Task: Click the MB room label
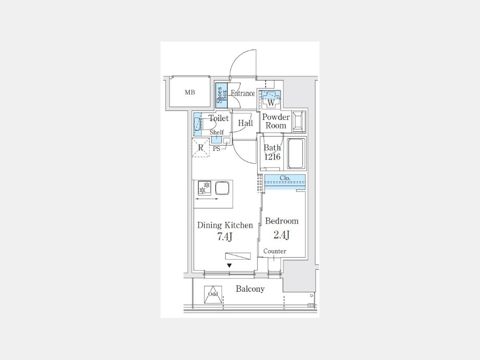pyautogui.click(x=190, y=92)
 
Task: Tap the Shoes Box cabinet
pyautogui.click(x=221, y=95)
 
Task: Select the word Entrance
pyautogui.click(x=243, y=93)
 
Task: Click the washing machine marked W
pyautogui.click(x=270, y=100)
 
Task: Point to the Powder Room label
pyautogui.click(x=276, y=121)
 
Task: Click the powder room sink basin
pyautogui.click(x=299, y=122)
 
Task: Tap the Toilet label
pyautogui.click(x=219, y=118)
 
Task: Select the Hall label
pyautogui.click(x=245, y=123)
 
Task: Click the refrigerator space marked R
pyautogui.click(x=201, y=148)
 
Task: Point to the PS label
pyautogui.click(x=217, y=149)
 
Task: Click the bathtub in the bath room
pyautogui.click(x=295, y=154)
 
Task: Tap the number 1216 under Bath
pyautogui.click(x=273, y=157)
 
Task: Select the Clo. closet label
pyautogui.click(x=285, y=178)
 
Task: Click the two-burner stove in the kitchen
pyautogui.click(x=204, y=188)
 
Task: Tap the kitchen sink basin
pyautogui.click(x=222, y=188)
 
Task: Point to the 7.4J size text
pyautogui.click(x=225, y=237)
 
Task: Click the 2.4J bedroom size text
pyautogui.click(x=282, y=235)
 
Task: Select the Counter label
pyautogui.click(x=275, y=251)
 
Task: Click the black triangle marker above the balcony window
pyautogui.click(x=229, y=266)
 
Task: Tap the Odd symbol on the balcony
pyautogui.click(x=213, y=294)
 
